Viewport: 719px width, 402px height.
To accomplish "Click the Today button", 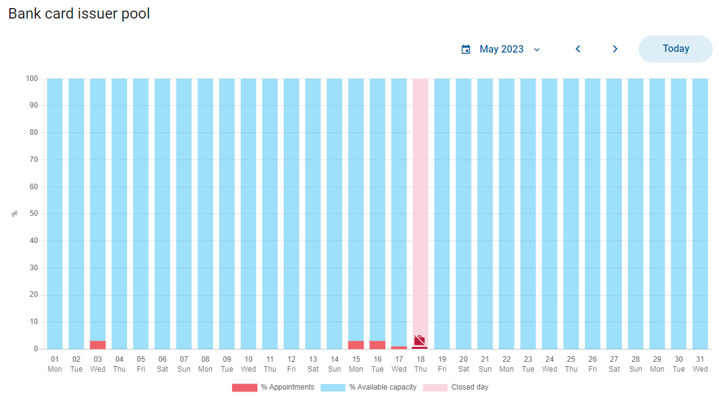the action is tap(676, 49).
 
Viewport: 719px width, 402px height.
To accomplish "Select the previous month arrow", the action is tap(578, 49).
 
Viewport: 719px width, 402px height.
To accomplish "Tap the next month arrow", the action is tap(615, 49).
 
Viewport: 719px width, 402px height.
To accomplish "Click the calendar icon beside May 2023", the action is tap(466, 49).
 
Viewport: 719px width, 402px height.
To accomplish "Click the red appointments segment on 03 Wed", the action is tap(98, 344).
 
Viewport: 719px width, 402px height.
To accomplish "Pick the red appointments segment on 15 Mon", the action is tap(356, 344).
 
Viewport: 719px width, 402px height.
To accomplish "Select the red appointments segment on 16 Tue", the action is tap(377, 344).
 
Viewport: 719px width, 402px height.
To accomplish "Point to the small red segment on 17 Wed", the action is tap(399, 348).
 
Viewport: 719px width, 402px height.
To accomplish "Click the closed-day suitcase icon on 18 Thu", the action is tap(420, 340).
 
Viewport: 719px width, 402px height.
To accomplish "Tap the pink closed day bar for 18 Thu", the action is tap(421, 207).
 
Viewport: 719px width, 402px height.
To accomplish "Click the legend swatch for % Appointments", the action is tap(244, 387).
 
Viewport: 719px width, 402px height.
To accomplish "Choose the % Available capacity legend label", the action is tap(383, 387).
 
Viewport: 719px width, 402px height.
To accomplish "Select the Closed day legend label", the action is tap(470, 387).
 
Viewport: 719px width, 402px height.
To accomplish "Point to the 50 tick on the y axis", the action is tap(33, 213).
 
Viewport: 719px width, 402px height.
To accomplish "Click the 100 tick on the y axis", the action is tap(32, 79).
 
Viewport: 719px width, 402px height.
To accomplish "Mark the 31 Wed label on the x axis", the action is tap(700, 364).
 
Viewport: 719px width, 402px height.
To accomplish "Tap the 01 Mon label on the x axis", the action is tap(54, 364).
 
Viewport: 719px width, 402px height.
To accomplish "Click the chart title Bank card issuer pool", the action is tap(79, 14).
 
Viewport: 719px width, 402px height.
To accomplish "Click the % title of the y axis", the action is tap(15, 213).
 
